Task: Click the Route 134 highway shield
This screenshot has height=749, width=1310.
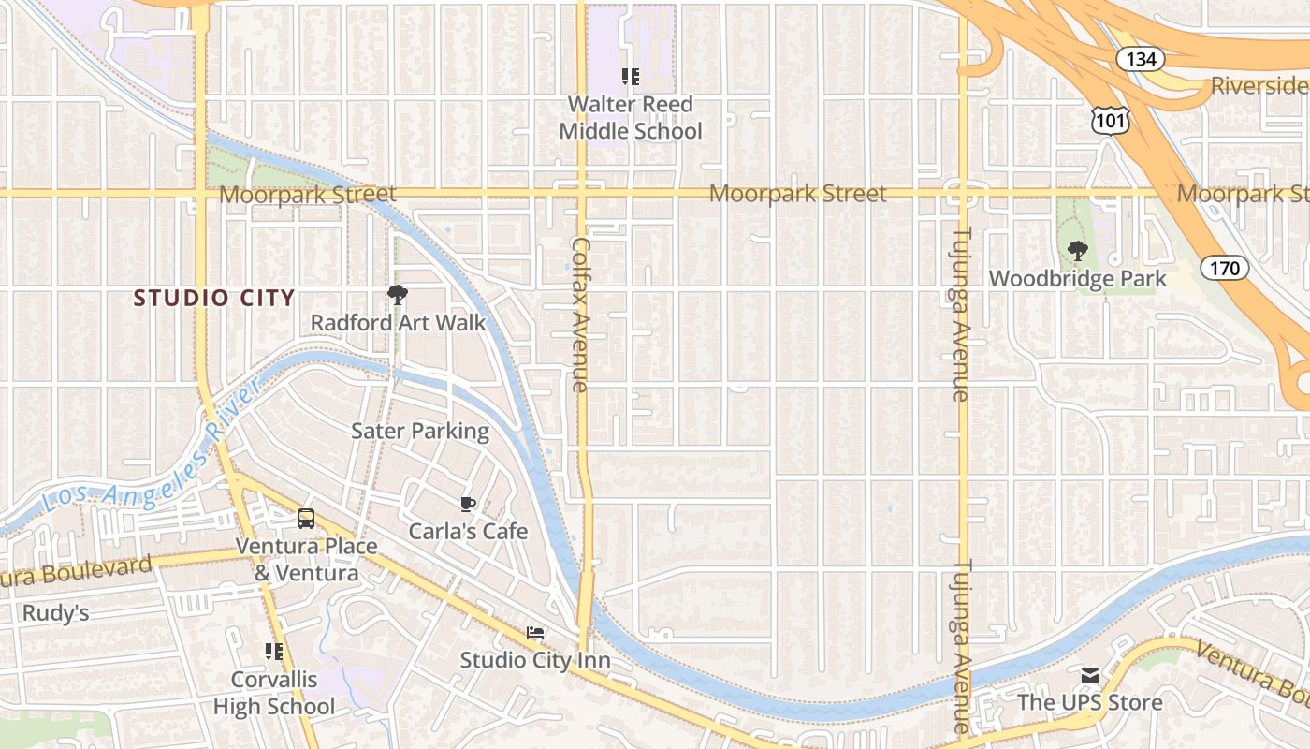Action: click(1141, 59)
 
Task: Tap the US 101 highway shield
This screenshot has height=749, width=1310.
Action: click(1110, 119)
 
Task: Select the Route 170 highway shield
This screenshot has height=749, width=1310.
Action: click(1224, 269)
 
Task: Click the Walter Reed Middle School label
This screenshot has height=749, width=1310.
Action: click(630, 118)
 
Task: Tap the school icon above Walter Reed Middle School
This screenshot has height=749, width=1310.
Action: click(630, 76)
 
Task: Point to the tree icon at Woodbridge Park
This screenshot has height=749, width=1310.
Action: click(1078, 251)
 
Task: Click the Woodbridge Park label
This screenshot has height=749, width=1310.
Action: click(1078, 279)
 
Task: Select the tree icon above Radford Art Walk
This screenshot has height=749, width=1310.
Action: click(398, 295)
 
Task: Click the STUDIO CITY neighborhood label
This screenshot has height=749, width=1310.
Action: click(214, 299)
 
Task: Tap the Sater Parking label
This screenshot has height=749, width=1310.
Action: click(419, 431)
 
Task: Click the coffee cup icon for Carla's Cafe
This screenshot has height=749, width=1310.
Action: click(468, 505)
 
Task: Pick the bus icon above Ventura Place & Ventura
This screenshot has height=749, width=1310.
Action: click(306, 519)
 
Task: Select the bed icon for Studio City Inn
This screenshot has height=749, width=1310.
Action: click(534, 634)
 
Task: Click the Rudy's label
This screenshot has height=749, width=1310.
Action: click(55, 613)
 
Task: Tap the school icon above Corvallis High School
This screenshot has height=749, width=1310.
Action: click(273, 651)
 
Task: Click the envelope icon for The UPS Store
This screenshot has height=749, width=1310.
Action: click(1090, 676)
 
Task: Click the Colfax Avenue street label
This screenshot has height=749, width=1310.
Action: click(580, 314)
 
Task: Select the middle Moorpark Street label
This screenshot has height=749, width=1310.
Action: click(797, 194)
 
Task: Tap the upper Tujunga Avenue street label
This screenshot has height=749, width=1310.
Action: click(961, 314)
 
